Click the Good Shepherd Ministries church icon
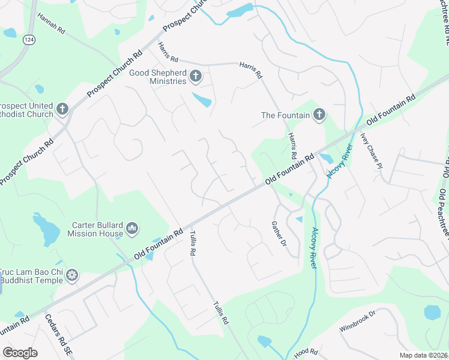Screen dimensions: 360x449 pyautogui.click(x=196, y=76)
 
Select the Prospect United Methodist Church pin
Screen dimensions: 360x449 pyautogui.click(x=62, y=109)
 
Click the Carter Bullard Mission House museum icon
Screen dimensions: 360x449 pyautogui.click(x=132, y=229)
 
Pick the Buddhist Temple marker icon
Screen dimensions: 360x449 pyautogui.click(x=72, y=275)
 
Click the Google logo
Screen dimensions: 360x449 pyautogui.click(x=20, y=353)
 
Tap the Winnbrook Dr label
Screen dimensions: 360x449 pyautogui.click(x=357, y=321)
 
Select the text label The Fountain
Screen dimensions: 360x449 pyautogui.click(x=285, y=115)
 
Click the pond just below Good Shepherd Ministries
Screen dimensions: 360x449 pyautogui.click(x=202, y=100)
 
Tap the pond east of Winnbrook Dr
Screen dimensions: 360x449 pyautogui.click(x=432, y=312)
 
